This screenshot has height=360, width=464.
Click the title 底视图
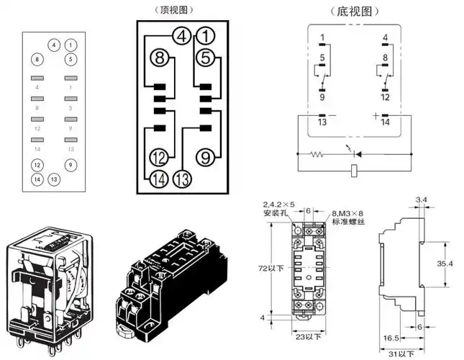(x=350, y=12)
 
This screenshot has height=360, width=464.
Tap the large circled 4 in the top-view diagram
(x=182, y=35)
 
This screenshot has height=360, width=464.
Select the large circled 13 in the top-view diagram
(x=183, y=179)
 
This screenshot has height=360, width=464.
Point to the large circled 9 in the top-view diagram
(x=206, y=156)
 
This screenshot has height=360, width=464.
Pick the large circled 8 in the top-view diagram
(x=160, y=58)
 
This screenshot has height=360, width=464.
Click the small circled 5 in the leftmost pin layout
(x=70, y=58)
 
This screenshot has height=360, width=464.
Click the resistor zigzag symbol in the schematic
(x=317, y=153)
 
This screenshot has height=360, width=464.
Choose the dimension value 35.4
(x=445, y=264)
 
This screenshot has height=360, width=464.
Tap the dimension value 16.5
(x=390, y=337)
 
